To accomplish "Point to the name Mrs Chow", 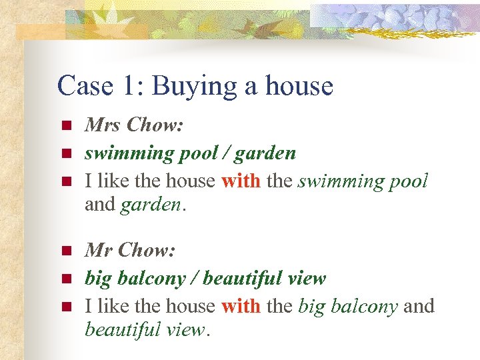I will [x=133, y=125].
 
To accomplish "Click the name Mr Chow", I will [x=129, y=250].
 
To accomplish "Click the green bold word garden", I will [x=266, y=154].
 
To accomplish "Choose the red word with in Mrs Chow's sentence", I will [x=241, y=181].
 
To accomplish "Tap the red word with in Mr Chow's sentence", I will [x=241, y=307].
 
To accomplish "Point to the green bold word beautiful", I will [x=244, y=279].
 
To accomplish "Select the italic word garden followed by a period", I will [x=151, y=205].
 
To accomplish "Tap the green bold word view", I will [x=307, y=279].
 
